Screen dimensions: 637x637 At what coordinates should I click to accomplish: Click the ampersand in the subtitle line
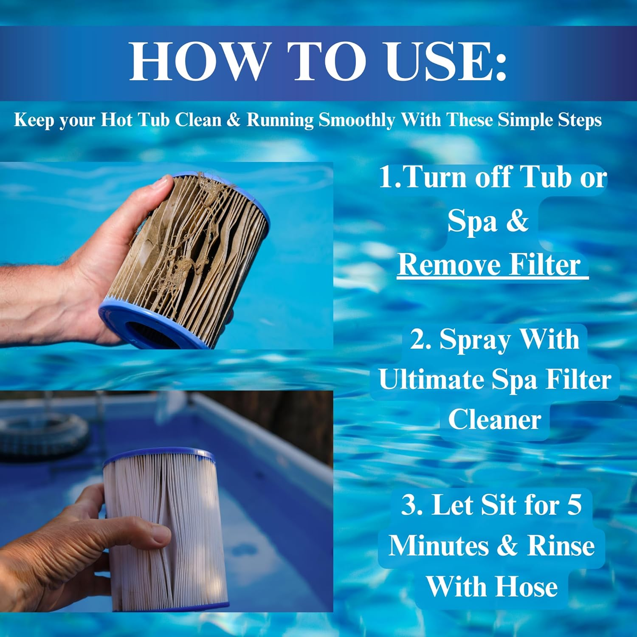coord(233,120)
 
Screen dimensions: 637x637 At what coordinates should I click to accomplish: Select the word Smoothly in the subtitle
coord(357,120)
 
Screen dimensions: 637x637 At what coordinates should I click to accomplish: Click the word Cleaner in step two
coord(494,420)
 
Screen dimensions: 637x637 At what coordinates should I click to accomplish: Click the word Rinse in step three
coord(561,546)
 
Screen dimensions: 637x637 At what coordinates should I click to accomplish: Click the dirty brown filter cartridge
coord(191,255)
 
